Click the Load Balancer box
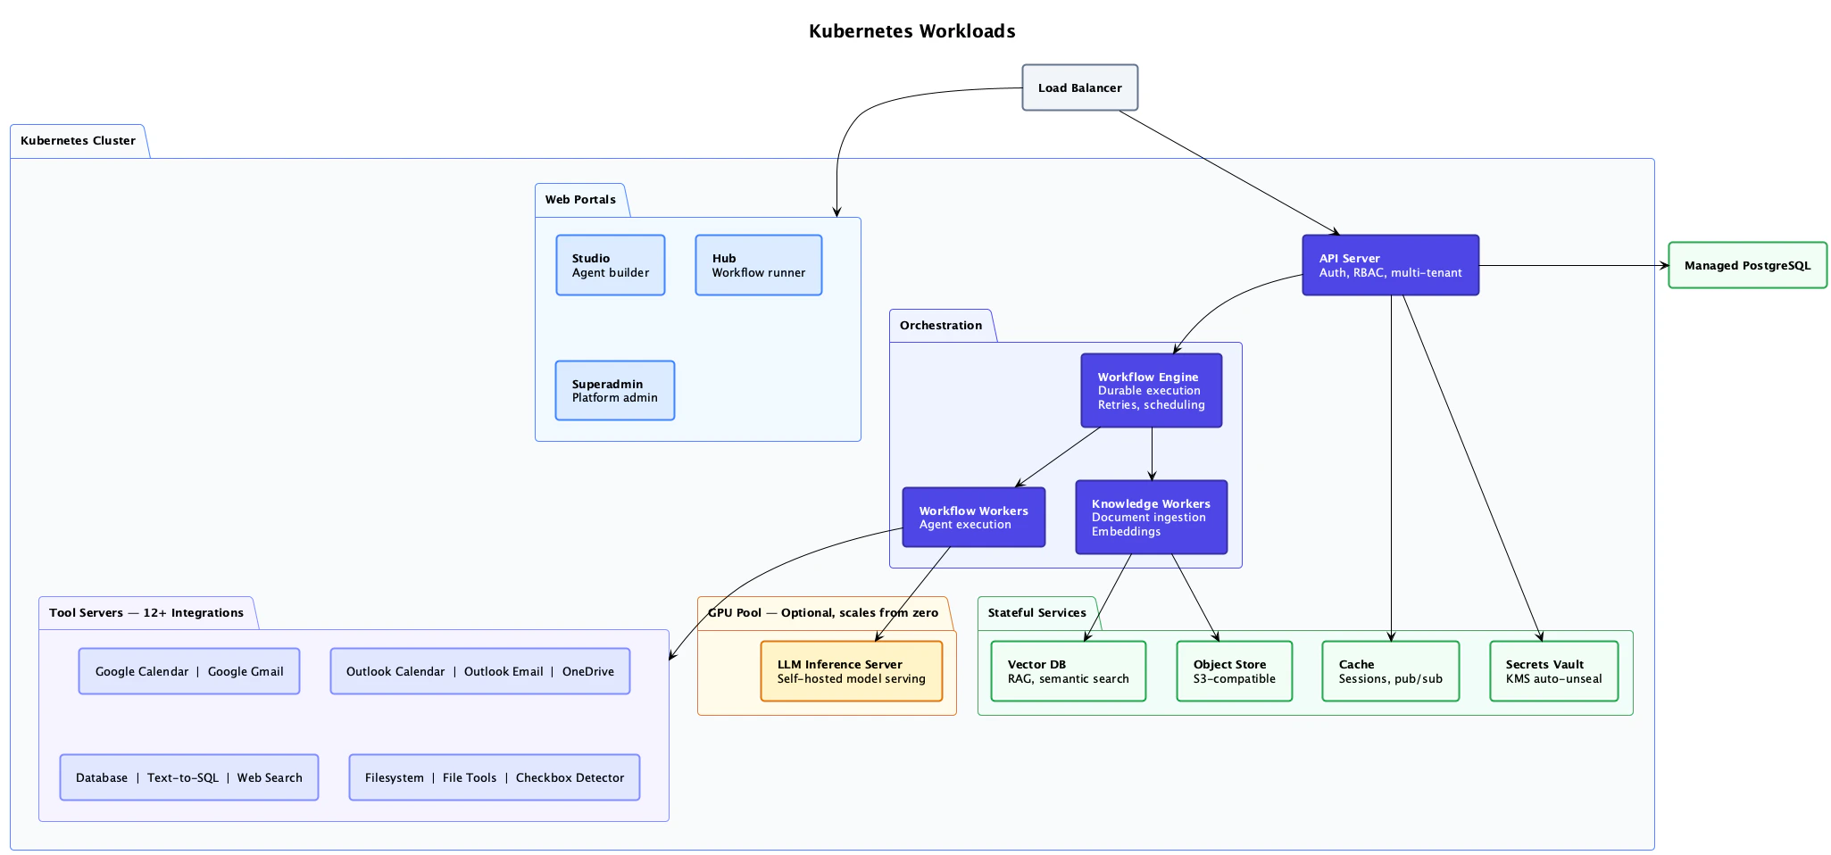(1079, 87)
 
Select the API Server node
(1390, 265)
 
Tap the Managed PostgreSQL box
(1747, 265)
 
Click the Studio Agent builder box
(610, 265)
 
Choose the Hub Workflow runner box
(758, 265)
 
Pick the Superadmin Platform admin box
(614, 391)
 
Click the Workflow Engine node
(1151, 391)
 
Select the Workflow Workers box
(973, 518)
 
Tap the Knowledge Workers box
(1151, 518)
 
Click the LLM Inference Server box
(851, 671)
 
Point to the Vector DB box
(1068, 671)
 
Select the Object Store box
(1234, 671)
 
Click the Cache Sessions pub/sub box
(1390, 671)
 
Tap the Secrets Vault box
(1553, 671)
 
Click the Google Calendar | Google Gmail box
(189, 671)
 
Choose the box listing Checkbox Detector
(494, 777)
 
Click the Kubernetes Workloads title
(911, 31)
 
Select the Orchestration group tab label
(940, 326)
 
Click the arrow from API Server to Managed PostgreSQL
(1571, 265)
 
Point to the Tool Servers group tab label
(146, 613)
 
